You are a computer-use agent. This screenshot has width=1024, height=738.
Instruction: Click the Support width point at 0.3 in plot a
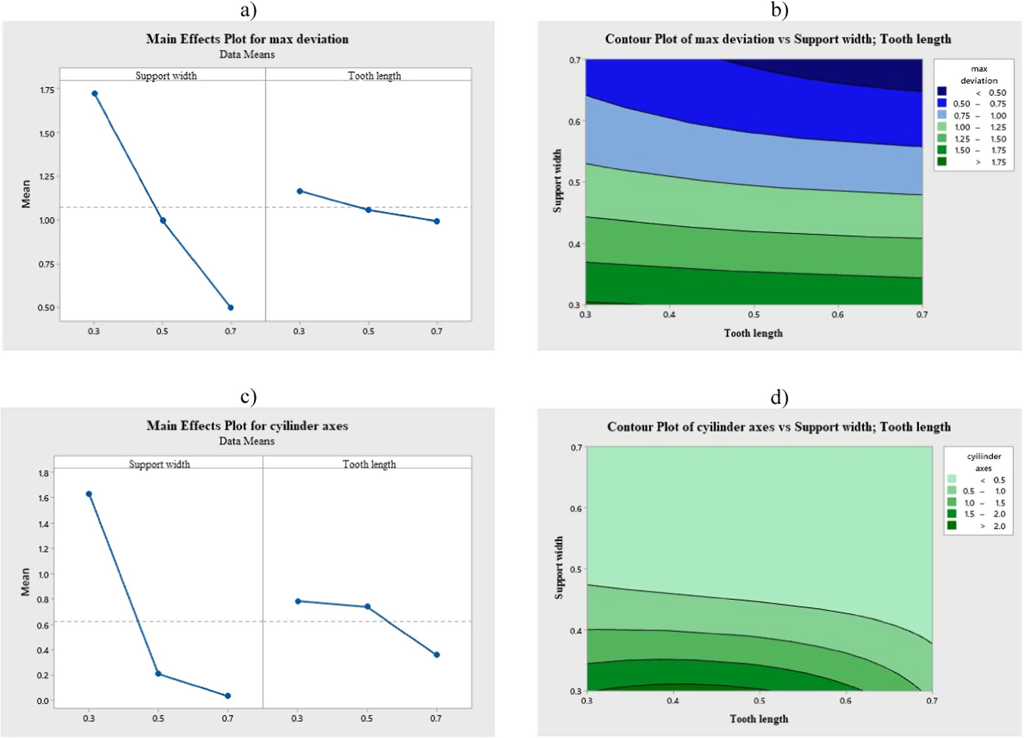click(x=95, y=94)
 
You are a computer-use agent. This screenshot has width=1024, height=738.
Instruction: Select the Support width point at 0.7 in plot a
click(x=230, y=307)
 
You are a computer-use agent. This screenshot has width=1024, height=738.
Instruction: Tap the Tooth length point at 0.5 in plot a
click(x=369, y=210)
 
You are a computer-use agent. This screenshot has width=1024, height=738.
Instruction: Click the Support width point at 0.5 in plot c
click(x=158, y=674)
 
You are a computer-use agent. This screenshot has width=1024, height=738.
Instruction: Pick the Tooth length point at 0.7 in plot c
click(x=437, y=655)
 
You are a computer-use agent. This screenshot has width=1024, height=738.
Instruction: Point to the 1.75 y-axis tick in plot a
click(x=46, y=90)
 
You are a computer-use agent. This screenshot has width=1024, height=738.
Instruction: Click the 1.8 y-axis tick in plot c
click(x=43, y=473)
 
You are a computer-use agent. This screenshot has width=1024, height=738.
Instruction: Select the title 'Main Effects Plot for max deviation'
click(x=247, y=39)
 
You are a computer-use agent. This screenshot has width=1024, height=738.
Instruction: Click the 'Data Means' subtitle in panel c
click(x=246, y=441)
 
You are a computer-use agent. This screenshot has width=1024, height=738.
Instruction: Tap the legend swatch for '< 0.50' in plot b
click(x=942, y=91)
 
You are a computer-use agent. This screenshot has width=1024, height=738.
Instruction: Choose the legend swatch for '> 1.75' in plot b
click(x=942, y=161)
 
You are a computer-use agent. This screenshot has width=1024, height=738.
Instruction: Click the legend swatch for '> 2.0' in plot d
click(x=952, y=525)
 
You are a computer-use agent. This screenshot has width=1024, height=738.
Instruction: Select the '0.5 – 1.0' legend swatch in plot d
click(x=952, y=491)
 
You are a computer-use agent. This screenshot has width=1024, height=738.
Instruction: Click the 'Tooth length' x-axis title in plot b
click(x=753, y=333)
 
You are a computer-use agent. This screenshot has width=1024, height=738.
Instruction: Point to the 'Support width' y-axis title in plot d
click(x=558, y=567)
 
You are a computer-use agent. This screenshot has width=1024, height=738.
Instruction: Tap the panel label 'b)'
click(x=779, y=10)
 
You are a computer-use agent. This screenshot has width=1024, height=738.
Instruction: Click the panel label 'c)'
click(x=248, y=396)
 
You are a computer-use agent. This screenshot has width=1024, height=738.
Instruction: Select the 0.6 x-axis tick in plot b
click(x=837, y=314)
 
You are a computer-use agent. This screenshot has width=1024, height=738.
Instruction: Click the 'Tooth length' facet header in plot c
click(x=369, y=464)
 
